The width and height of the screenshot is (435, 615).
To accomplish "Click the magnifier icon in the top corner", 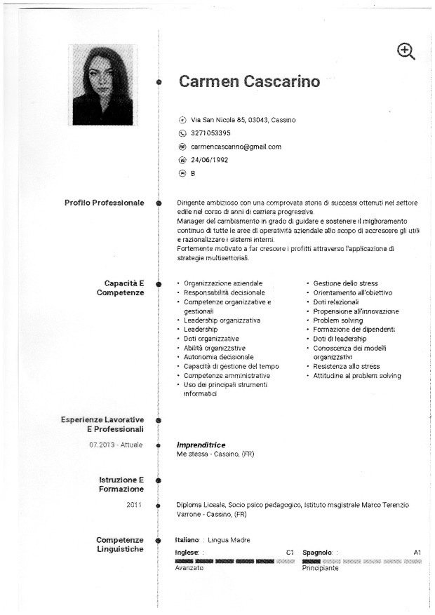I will (x=406, y=50).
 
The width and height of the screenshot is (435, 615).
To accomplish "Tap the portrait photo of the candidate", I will (x=102, y=85).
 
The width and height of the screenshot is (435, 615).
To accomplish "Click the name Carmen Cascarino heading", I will (x=249, y=81).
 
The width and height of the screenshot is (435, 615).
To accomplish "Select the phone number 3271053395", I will (x=210, y=133).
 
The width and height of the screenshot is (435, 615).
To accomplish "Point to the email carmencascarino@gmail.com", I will (x=236, y=147).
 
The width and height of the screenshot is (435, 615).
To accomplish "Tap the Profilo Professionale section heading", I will (x=104, y=203).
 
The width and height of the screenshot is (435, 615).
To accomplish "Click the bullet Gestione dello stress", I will (x=345, y=283).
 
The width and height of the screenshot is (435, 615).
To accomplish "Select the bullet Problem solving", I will (x=337, y=320).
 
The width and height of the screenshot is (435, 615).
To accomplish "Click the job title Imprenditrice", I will (x=201, y=445).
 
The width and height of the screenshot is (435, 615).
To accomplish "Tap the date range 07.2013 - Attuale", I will (x=116, y=445).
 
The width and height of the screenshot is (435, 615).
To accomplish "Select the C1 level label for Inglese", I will (x=290, y=553).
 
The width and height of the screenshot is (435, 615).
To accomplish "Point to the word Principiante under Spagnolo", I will (x=320, y=568).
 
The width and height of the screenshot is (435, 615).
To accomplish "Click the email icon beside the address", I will (x=182, y=147).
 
